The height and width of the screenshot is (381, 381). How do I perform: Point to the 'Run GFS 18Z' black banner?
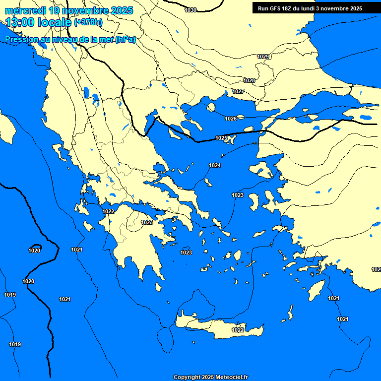pos(310,8)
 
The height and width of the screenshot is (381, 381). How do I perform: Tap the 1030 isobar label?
pos(190,10)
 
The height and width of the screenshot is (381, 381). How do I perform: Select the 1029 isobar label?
pos(263,57)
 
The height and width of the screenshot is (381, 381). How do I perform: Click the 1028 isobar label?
pos(249,80)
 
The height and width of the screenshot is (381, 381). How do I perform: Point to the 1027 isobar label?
pos(238,91)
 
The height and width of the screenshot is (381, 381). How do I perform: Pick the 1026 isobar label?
pos(230,119)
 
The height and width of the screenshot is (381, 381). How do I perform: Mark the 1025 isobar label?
pos(221,138)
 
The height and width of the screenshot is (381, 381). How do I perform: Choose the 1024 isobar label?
pos(215,165)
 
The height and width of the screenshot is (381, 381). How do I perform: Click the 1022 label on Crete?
pos(238,330)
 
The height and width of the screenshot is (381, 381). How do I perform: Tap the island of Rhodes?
pos(316,289)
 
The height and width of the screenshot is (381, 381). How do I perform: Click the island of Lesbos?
pos(261,170)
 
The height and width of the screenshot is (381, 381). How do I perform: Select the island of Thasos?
pos(211,107)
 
